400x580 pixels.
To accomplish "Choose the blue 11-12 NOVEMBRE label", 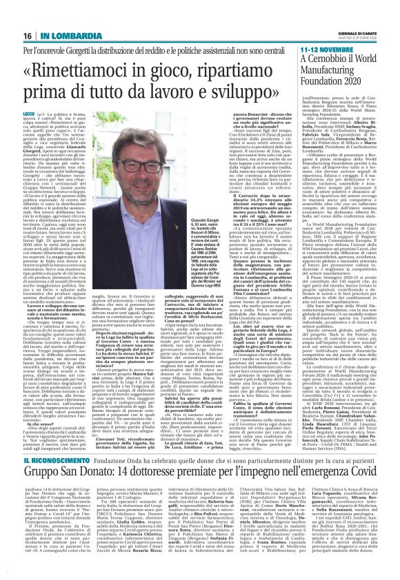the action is (325, 51).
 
